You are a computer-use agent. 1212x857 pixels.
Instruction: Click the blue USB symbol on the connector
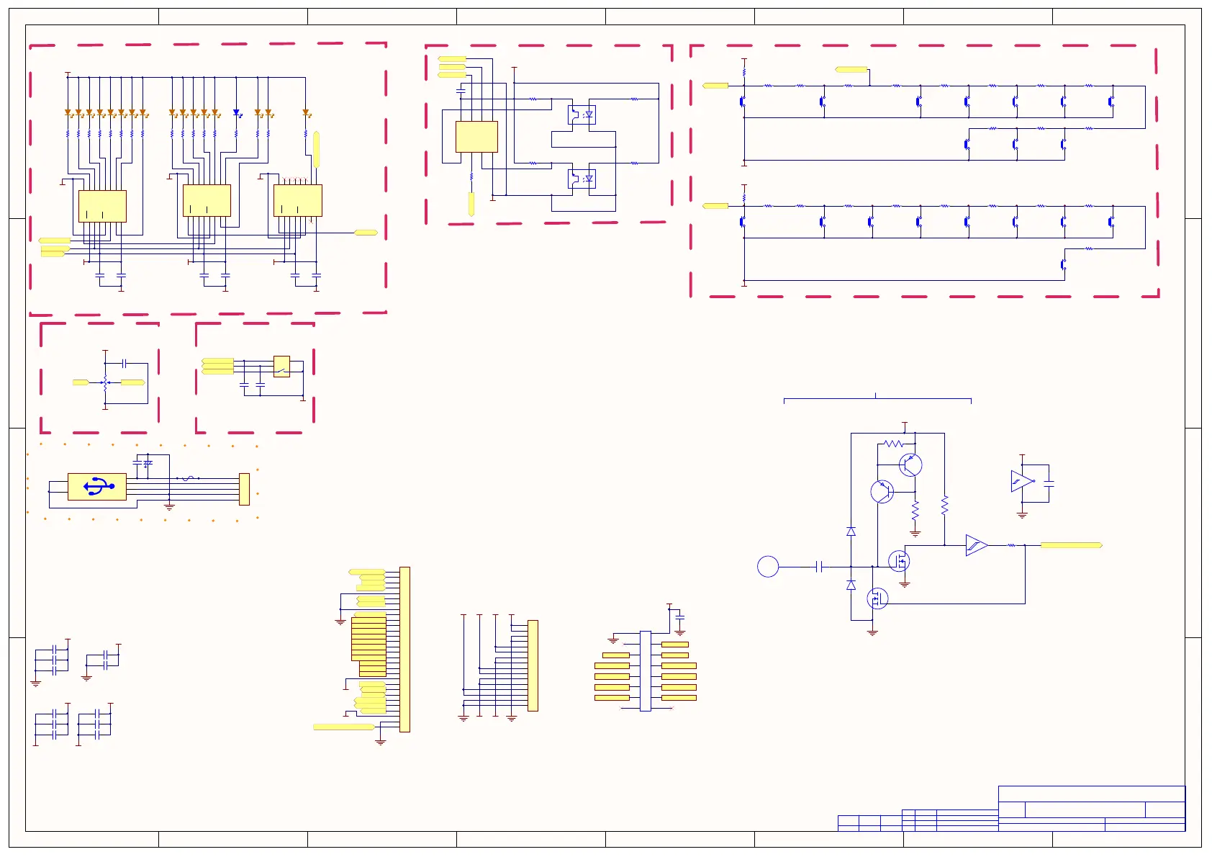click(x=99, y=487)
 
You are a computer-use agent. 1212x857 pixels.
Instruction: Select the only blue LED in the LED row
click(x=236, y=113)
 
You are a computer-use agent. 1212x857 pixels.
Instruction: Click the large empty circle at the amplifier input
click(x=768, y=567)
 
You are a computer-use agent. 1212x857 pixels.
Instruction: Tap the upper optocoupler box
click(x=582, y=115)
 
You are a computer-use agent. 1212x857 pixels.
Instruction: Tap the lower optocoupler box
click(x=582, y=178)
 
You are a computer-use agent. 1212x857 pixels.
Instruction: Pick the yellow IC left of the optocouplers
click(x=476, y=137)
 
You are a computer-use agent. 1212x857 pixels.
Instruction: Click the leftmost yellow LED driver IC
click(x=102, y=206)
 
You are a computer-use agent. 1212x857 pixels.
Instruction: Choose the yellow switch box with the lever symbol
click(x=281, y=367)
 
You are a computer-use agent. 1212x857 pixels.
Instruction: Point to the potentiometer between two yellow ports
click(x=105, y=382)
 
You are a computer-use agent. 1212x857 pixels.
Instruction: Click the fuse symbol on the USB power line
click(x=187, y=478)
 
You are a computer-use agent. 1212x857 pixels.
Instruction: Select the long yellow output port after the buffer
click(x=1071, y=545)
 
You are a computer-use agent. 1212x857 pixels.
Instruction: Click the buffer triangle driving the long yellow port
click(x=976, y=545)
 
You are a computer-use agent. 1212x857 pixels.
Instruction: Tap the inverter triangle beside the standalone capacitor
click(x=1021, y=481)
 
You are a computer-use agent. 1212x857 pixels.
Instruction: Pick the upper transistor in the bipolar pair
click(x=910, y=465)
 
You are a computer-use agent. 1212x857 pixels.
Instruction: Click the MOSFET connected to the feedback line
click(x=877, y=598)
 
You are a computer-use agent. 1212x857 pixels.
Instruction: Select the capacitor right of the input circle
click(x=819, y=567)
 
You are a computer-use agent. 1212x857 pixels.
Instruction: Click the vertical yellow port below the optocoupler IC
click(x=471, y=204)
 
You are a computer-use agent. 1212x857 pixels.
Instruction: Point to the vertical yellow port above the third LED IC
click(x=316, y=149)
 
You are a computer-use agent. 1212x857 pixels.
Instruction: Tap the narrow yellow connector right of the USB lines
click(x=244, y=489)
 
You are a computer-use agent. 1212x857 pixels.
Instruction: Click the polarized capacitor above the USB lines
click(x=148, y=464)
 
